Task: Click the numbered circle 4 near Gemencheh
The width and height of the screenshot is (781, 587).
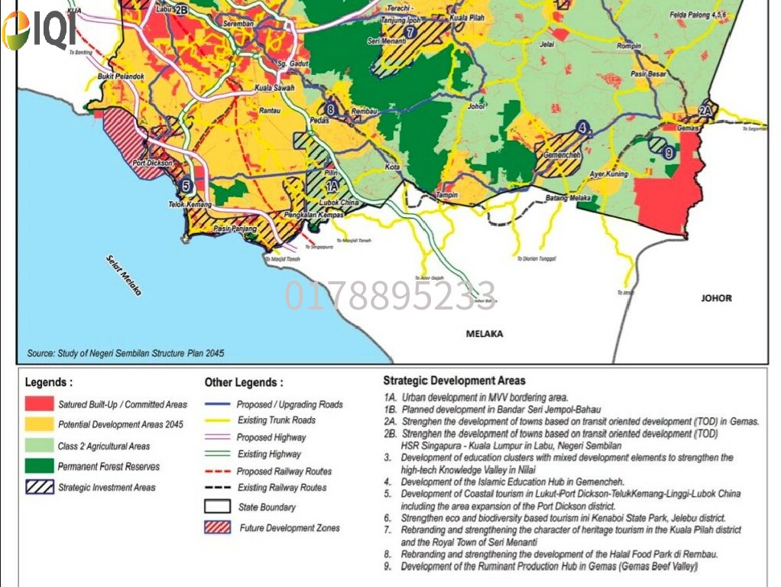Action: [x=584, y=128]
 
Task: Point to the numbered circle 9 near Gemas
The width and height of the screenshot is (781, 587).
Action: [x=669, y=153]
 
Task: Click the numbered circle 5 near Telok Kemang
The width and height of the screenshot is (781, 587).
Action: [x=186, y=185]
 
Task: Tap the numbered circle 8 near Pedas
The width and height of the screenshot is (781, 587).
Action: [x=330, y=109]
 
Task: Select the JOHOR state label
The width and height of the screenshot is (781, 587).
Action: [x=716, y=298]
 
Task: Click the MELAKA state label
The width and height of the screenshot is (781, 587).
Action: [x=485, y=334]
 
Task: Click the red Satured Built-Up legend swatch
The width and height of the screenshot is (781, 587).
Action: [x=39, y=404]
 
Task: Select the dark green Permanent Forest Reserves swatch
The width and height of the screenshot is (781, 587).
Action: [x=39, y=466]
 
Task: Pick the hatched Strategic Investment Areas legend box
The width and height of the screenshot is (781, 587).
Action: [x=39, y=487]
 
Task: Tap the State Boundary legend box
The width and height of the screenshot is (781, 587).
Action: [x=217, y=506]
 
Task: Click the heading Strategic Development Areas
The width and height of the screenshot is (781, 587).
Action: [x=454, y=381]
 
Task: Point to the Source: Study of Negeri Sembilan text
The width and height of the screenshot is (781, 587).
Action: [x=126, y=354]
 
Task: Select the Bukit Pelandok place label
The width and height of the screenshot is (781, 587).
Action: [x=119, y=77]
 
